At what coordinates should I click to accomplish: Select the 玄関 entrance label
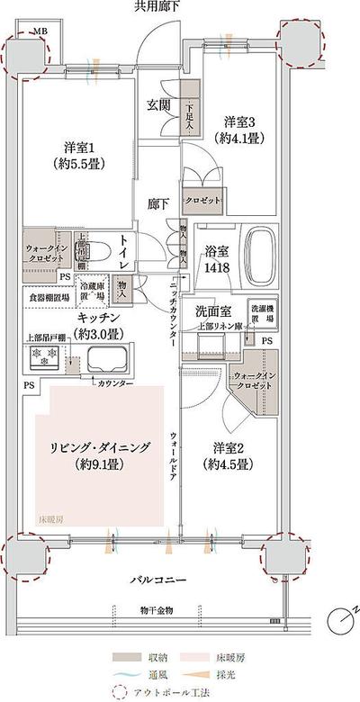tap(159, 105)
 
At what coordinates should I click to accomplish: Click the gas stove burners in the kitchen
tap(42, 358)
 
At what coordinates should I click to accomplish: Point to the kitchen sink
tap(105, 363)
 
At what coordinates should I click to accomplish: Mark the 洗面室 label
tap(213, 311)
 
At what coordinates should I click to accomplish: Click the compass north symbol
tap(339, 620)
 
